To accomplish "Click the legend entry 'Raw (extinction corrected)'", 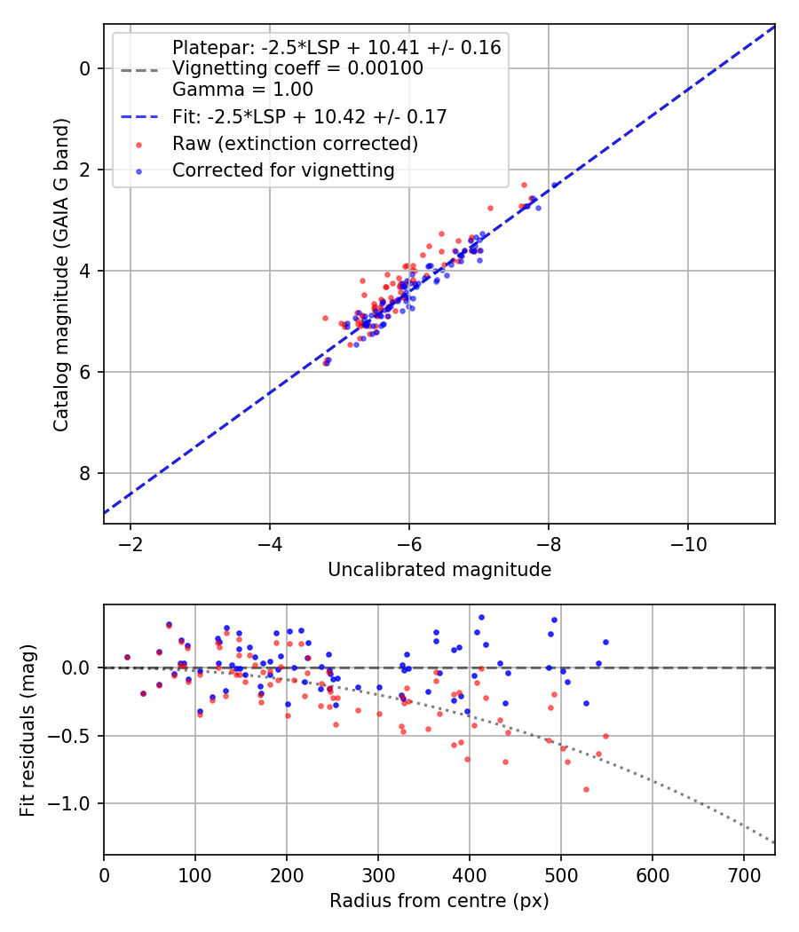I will [x=295, y=143].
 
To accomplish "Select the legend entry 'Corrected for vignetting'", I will [x=283, y=170].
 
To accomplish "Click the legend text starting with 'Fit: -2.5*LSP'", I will [x=309, y=116].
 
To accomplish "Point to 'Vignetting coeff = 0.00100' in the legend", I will [x=297, y=68].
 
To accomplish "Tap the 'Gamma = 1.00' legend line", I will [x=242, y=89].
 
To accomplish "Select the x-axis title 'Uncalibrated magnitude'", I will [x=439, y=570].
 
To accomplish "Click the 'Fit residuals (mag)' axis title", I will [x=28, y=730].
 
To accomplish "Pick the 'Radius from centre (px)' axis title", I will [x=439, y=901].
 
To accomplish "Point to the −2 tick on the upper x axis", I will [x=131, y=543].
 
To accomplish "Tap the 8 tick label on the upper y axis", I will [x=86, y=473].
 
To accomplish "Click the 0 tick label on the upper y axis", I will [x=86, y=68].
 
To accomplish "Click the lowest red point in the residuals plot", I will [x=586, y=789].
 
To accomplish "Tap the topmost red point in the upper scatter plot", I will [x=524, y=185].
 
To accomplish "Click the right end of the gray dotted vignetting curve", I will [x=774, y=842].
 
